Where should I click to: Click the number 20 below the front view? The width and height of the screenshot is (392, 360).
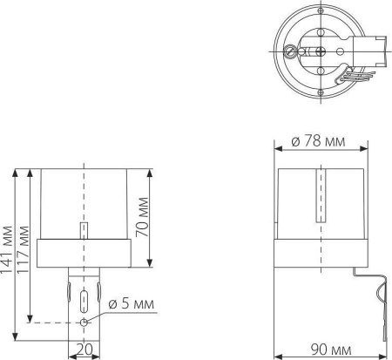click(x=84, y=350)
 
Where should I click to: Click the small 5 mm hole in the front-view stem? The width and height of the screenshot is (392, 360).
click(x=84, y=323)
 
